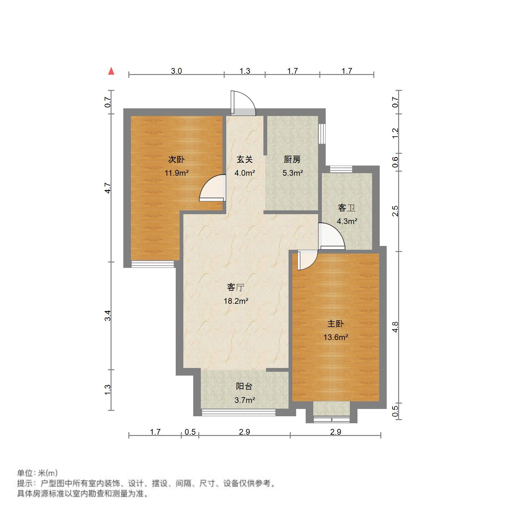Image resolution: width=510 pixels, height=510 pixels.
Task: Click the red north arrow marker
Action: [x=111, y=71]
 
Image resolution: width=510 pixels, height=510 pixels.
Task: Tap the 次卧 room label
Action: [x=176, y=159]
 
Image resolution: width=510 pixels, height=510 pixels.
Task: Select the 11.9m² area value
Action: [x=176, y=173]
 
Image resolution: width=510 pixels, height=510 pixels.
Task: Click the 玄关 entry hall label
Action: [x=245, y=159]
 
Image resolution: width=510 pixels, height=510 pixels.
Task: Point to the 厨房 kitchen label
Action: [x=292, y=159]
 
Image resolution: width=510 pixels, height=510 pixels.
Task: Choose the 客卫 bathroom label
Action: [x=346, y=208]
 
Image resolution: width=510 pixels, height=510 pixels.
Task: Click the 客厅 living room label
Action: [x=236, y=287]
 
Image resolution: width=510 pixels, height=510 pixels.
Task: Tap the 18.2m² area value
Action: [x=236, y=301]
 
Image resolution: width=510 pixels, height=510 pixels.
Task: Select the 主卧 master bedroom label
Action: [x=336, y=323]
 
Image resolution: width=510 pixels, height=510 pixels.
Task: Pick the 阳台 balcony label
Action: [x=244, y=386]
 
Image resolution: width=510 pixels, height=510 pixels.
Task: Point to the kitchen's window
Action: [x=322, y=133]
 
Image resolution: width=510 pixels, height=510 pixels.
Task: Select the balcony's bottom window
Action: [x=238, y=412]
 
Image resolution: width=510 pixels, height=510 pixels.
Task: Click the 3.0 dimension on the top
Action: [x=176, y=71]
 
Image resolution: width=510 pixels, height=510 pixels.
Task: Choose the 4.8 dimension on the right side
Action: [x=395, y=327]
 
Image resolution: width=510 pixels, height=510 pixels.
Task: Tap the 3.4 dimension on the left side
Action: [x=108, y=315]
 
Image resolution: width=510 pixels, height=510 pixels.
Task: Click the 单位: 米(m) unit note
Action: [x=37, y=473]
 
